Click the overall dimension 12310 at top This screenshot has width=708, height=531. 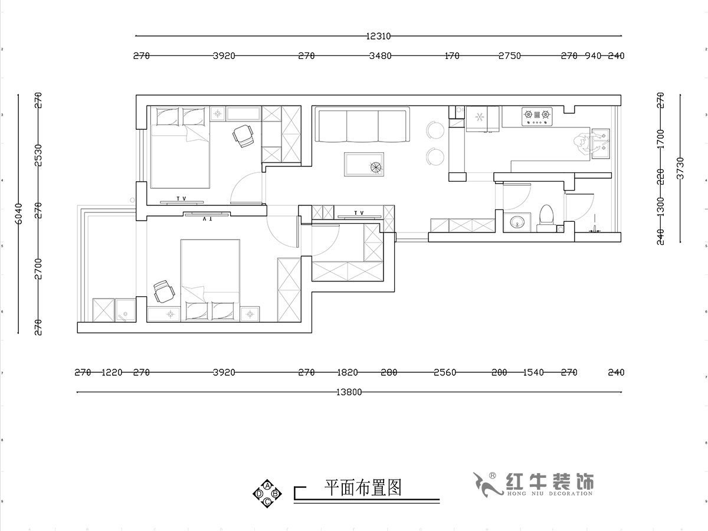[378, 36]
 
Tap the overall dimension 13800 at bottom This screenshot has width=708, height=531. [349, 392]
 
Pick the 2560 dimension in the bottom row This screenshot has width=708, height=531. [445, 373]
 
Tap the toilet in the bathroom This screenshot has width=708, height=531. [546, 215]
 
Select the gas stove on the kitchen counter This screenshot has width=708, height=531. [537, 117]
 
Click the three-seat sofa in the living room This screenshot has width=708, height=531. [362, 125]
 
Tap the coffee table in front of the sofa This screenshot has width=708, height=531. [363, 164]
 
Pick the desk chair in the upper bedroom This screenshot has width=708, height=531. [244, 136]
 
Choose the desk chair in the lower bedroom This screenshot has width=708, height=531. [163, 291]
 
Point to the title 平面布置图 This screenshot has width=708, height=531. [363, 487]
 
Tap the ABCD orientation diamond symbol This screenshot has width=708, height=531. [267, 493]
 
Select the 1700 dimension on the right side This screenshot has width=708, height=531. [661, 139]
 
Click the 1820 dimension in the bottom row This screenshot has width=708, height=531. [348, 373]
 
